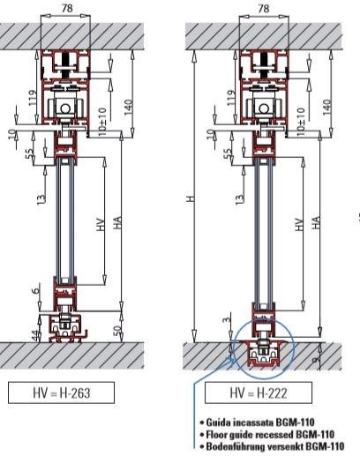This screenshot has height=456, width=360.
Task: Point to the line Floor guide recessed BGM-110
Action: click(274, 434)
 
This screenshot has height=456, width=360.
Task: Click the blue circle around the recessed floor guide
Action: click(261, 350)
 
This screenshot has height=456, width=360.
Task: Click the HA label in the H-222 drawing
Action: click(314, 225)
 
